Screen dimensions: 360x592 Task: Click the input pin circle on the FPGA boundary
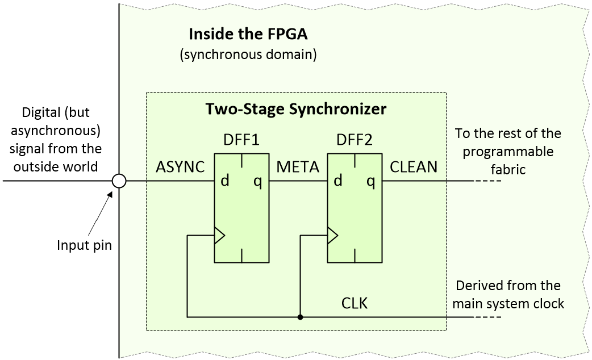pos(119,181)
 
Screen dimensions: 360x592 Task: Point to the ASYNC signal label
pos(181,167)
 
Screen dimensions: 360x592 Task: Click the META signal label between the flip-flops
pos(298,167)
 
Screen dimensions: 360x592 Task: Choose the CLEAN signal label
pos(414,167)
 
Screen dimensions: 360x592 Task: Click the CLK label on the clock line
pos(355,303)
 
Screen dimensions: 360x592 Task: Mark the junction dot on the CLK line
pos(300,317)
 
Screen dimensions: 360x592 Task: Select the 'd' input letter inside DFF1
pos(225,181)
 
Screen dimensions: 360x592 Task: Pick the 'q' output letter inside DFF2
pos(371,181)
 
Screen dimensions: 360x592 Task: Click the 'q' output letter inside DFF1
pos(258,181)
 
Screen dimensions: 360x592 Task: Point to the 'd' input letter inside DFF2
pos(338,181)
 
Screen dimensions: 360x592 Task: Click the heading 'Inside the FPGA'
pos(248,34)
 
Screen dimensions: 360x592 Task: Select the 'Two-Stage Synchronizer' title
pos(295,108)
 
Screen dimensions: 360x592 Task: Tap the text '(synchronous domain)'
pos(248,55)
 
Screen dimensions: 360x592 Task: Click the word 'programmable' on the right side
pos(507,152)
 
